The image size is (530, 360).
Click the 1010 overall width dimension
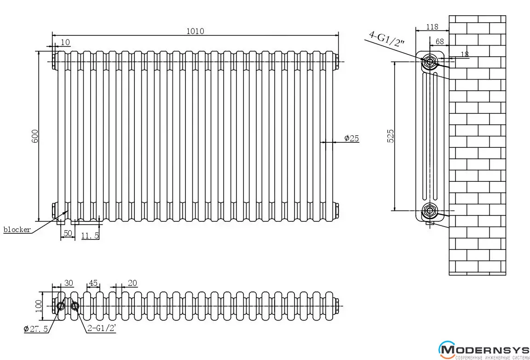(195, 31)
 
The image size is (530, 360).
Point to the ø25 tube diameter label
(351, 138)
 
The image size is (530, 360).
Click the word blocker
(17, 230)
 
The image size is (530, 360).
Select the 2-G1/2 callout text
(101, 329)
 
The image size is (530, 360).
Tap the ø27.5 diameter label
(35, 329)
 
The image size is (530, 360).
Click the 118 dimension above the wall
(432, 27)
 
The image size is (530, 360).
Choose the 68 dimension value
(439, 41)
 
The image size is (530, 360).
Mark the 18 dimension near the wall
(464, 54)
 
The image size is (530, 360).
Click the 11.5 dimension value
(90, 235)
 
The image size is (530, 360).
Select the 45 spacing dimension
(93, 283)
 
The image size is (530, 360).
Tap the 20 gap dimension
(132, 283)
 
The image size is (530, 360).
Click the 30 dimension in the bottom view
(68, 283)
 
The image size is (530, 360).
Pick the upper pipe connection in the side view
(430, 61)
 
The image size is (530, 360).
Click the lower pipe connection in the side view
(430, 211)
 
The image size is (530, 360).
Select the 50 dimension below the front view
(68, 233)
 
